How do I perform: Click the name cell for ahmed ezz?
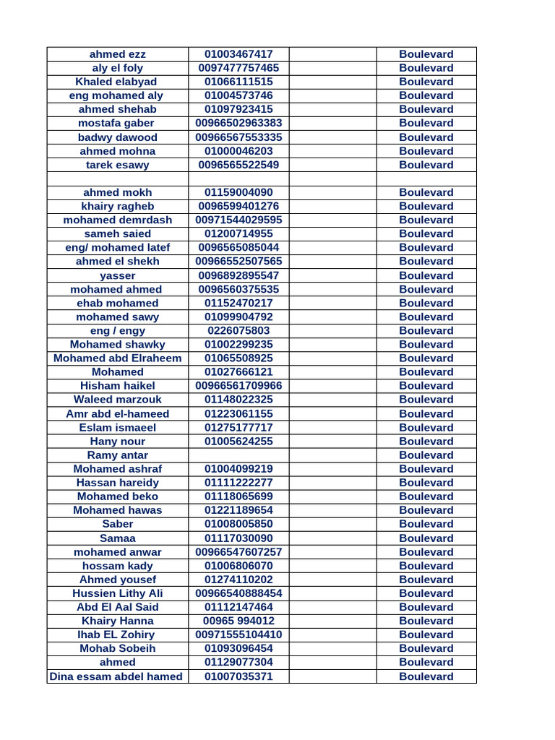pyautogui.click(x=118, y=54)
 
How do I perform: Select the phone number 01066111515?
pyautogui.click(x=238, y=82)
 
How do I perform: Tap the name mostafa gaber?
pyautogui.click(x=118, y=123)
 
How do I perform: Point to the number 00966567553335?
pyautogui.click(x=238, y=137)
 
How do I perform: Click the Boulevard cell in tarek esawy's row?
pyautogui.click(x=426, y=165)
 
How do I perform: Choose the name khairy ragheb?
pyautogui.click(x=118, y=206)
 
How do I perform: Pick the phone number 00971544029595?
pyautogui.click(x=238, y=220)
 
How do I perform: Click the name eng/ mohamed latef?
pyautogui.click(x=118, y=247)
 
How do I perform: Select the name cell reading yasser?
pyautogui.click(x=118, y=275)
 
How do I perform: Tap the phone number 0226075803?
pyautogui.click(x=238, y=330)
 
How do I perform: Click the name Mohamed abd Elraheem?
pyautogui.click(x=118, y=358)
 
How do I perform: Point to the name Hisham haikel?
pyautogui.click(x=118, y=385)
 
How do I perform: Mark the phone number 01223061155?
pyautogui.click(x=238, y=413)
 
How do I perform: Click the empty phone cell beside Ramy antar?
pyautogui.click(x=238, y=455)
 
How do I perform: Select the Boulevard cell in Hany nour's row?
pyautogui.click(x=426, y=441)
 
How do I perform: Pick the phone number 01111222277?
pyautogui.click(x=238, y=482)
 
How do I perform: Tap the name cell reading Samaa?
pyautogui.click(x=118, y=538)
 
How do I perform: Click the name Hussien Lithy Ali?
pyautogui.click(x=118, y=593)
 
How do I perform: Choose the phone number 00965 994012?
pyautogui.click(x=238, y=621)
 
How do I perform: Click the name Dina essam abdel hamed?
pyautogui.click(x=118, y=676)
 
